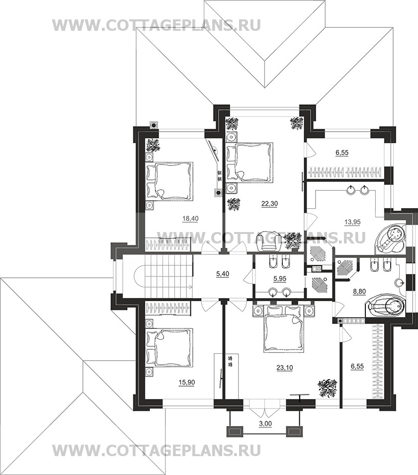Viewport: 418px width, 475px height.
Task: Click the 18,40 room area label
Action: (190, 218)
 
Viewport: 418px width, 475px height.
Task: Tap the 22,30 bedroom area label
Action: (269, 204)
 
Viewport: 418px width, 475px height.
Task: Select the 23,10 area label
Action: (285, 368)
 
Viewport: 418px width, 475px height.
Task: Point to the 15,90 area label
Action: (187, 382)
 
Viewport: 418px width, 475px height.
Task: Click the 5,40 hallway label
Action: (223, 274)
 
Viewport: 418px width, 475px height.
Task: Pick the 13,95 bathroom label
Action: (352, 222)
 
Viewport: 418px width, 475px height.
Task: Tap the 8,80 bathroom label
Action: (360, 292)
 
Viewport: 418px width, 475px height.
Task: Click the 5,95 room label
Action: (280, 278)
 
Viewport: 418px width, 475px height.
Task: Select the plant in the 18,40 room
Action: (153, 145)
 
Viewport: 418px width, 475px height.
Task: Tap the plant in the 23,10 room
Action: (327, 388)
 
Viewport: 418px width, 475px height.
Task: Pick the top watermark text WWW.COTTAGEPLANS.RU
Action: (157, 25)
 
